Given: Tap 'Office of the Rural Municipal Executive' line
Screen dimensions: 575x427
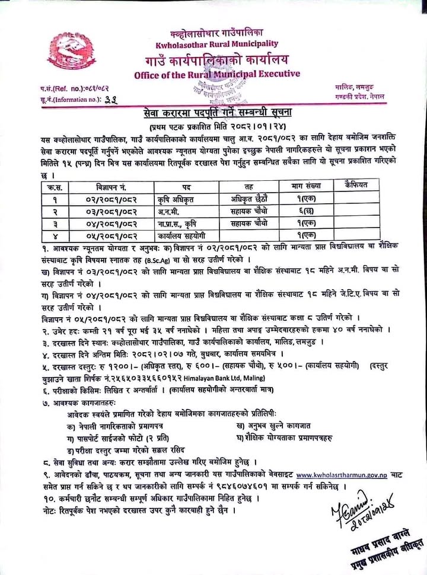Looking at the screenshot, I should (217, 74).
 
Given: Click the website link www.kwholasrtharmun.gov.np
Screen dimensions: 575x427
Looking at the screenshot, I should (339, 474).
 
